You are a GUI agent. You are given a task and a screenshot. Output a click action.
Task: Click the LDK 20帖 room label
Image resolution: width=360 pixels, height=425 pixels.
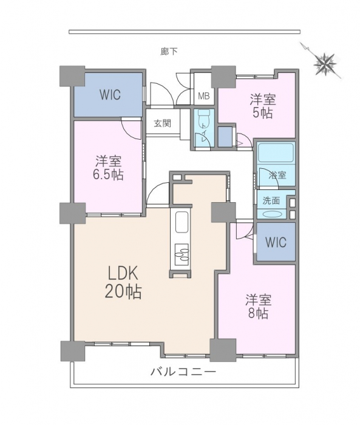[123, 282]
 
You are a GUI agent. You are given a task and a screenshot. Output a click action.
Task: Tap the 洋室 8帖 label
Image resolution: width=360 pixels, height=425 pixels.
[259, 306]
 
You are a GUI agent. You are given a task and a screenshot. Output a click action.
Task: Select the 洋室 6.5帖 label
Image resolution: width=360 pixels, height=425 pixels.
[108, 168]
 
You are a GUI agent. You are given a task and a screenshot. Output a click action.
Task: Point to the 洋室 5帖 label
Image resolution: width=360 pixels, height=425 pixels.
[263, 106]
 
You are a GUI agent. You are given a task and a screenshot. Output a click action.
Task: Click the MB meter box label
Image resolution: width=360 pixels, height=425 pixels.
[203, 96]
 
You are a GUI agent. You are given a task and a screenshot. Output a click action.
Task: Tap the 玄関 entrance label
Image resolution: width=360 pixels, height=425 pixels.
[163, 123]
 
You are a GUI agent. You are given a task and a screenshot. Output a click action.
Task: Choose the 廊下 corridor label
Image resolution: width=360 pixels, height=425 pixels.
[169, 51]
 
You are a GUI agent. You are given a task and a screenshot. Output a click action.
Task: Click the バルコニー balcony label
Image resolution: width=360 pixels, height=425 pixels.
[183, 371]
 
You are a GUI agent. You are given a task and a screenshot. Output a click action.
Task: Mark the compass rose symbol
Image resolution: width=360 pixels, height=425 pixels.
[325, 64]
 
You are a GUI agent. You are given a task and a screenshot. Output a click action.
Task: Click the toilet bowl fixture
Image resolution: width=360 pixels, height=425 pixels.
[203, 118]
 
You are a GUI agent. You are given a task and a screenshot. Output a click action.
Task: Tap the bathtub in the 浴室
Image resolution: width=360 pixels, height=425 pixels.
[276, 153]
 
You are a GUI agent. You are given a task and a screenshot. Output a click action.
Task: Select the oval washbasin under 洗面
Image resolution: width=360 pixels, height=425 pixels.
[271, 214]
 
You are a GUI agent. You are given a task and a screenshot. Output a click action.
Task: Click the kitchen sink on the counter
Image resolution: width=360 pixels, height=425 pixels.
[183, 222]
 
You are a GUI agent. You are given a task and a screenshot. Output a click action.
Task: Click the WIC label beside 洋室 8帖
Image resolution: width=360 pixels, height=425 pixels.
[276, 242]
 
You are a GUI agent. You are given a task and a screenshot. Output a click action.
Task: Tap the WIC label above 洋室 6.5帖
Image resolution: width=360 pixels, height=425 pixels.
[110, 95]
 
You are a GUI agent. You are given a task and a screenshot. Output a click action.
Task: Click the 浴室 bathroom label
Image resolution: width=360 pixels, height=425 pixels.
[277, 175]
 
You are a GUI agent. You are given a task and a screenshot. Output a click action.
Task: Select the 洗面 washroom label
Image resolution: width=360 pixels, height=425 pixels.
[271, 200]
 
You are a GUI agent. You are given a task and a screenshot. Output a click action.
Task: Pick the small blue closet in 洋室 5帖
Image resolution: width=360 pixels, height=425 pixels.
[225, 137]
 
